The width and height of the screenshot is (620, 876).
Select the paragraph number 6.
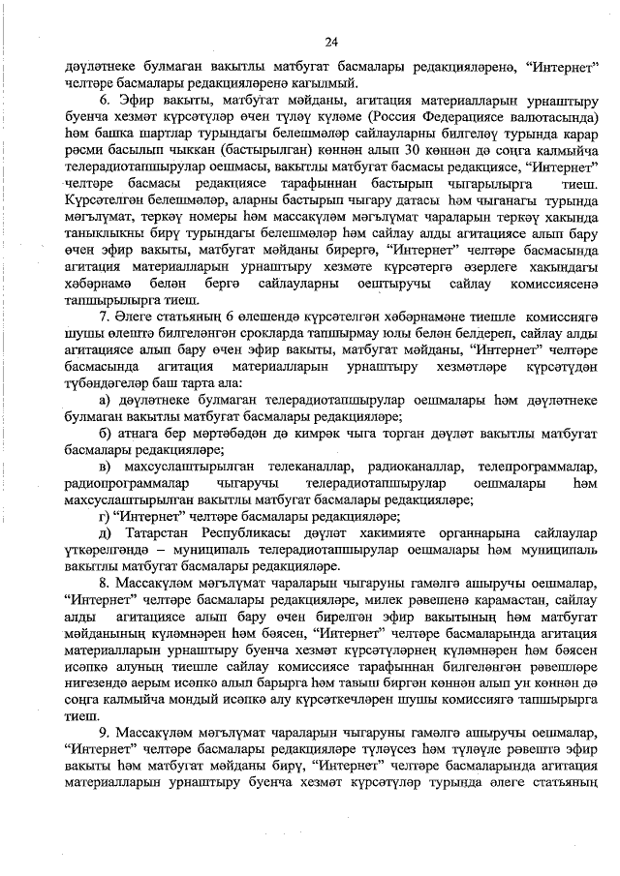click(x=106, y=100)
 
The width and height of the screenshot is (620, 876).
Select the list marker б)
click(x=108, y=434)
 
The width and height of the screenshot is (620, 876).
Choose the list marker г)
click(x=107, y=516)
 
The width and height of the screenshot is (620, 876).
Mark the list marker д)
click(x=108, y=533)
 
